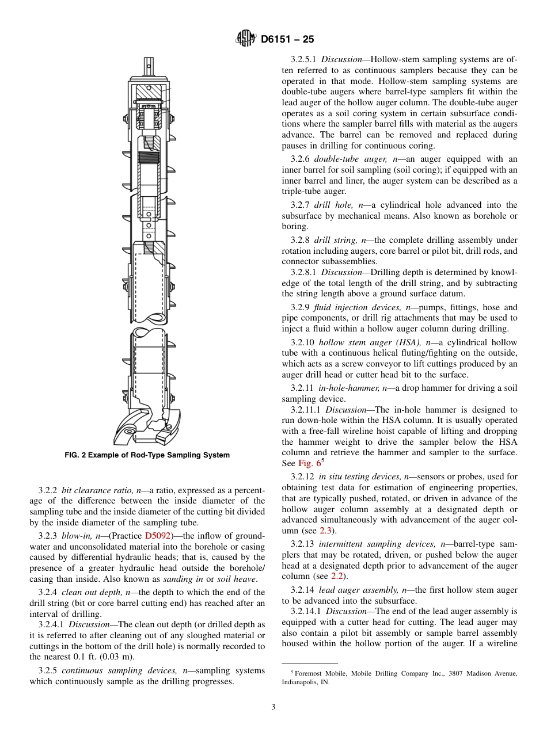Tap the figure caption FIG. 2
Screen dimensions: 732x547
coord(147,455)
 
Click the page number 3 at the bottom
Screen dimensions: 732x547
coord(273,707)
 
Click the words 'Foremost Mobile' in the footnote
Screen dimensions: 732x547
coord(315,673)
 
